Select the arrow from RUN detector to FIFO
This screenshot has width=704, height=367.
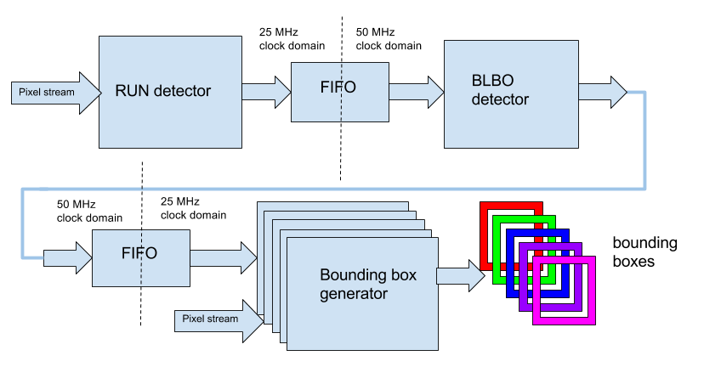click(x=266, y=90)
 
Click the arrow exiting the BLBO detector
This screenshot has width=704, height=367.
click(x=603, y=91)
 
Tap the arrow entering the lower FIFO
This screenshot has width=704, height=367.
click(x=68, y=257)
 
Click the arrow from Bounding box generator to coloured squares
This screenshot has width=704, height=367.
click(x=460, y=275)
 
